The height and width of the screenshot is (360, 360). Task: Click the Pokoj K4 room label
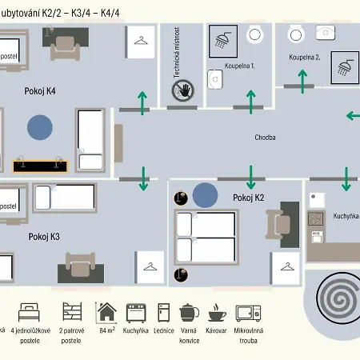point(40,91)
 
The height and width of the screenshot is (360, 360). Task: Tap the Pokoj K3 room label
point(44,237)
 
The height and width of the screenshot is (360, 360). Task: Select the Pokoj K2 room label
point(249,198)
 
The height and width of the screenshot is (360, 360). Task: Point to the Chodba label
point(265,138)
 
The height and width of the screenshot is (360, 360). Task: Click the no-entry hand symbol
point(182,90)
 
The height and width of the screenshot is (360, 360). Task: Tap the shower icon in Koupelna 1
point(223,41)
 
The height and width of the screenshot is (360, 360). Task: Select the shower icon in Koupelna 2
point(345,67)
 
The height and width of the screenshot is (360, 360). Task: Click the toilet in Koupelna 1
point(254,34)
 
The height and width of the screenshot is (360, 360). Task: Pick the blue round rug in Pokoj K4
point(40,127)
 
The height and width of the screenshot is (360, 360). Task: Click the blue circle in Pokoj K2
point(205,195)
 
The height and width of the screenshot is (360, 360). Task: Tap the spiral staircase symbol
point(338,298)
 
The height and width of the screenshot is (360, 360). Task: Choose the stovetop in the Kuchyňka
point(316,219)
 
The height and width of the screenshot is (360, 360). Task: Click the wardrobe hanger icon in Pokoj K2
point(287,266)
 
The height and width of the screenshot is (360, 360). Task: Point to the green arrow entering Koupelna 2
point(302,82)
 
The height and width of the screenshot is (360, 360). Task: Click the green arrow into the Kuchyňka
point(346,179)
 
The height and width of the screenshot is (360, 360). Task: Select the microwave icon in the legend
point(248,313)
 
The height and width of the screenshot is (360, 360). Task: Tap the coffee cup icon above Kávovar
point(217,312)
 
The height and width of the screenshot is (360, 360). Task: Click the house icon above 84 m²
point(106,312)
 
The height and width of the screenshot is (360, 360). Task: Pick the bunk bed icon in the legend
point(72,311)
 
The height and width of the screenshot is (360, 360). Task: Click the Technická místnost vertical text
point(177,52)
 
